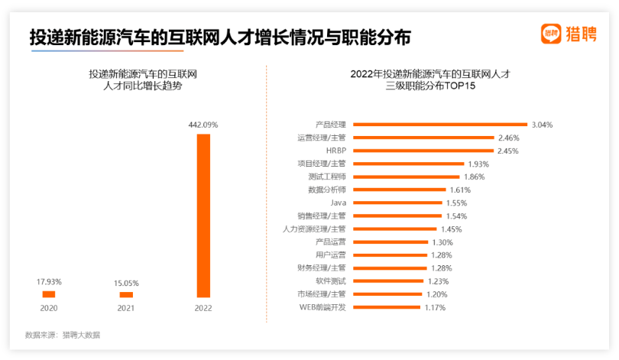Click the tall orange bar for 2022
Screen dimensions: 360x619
[203, 216]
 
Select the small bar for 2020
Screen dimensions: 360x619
[49, 294]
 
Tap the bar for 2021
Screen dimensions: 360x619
[126, 295]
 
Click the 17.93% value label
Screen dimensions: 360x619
[49, 282]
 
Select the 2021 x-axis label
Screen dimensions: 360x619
[126, 309]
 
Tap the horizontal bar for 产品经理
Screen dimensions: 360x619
[439, 125]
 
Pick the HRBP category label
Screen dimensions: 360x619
[335, 151]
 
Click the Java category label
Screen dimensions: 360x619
[338, 203]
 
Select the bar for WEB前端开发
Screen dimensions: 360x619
[387, 307]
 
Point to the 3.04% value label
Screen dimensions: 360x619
[542, 125]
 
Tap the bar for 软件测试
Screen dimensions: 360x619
[389, 281]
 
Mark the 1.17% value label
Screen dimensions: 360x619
[435, 307]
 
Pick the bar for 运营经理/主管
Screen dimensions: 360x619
[423, 138]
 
